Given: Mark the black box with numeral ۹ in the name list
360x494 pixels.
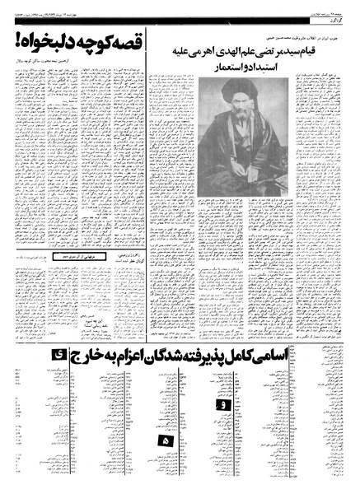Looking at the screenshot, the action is (x=220, y=403).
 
